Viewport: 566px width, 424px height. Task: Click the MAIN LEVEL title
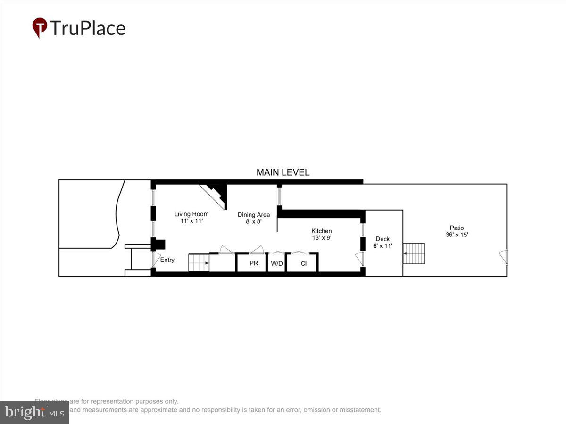(283, 172)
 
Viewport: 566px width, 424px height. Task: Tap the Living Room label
(191, 214)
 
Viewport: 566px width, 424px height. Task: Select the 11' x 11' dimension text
(191, 221)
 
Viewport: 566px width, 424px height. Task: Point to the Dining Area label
(254, 215)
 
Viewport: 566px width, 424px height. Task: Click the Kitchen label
(321, 231)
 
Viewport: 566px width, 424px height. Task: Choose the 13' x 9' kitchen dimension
(321, 238)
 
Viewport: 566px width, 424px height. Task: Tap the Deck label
(383, 239)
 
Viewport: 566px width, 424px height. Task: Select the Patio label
(457, 228)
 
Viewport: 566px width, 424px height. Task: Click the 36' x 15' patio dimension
(457, 235)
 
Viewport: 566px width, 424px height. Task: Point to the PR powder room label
(254, 263)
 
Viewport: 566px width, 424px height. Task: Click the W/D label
(277, 263)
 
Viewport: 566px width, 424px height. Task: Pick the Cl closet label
(304, 263)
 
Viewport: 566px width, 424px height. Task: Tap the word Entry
(167, 260)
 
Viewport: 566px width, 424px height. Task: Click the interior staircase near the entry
(199, 262)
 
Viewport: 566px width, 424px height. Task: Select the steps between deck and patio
(414, 253)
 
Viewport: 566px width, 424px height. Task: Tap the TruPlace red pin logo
(40, 28)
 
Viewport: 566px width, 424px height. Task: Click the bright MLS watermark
(34, 413)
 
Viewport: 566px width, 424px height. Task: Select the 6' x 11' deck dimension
(383, 246)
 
